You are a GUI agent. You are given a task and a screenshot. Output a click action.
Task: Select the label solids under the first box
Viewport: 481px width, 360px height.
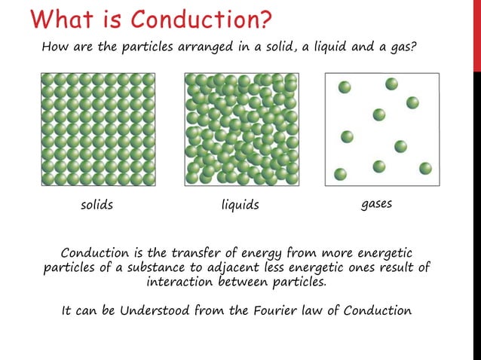pos(97,205)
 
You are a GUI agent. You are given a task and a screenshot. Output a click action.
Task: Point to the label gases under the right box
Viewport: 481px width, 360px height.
pos(377,204)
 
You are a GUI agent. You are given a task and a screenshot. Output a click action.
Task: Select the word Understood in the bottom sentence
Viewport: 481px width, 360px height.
pos(149,310)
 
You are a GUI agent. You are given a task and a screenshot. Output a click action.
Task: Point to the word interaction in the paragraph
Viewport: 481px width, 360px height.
pos(179,282)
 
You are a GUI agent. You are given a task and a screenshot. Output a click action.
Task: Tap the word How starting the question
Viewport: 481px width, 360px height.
pos(54,47)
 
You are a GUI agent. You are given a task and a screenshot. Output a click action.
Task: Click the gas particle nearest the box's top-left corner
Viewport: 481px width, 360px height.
pos(345,87)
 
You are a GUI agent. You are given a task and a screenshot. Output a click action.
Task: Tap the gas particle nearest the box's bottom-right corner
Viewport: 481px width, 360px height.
pos(425,168)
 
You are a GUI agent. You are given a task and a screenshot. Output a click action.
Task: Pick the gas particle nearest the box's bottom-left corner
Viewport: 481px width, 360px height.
pos(340,174)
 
